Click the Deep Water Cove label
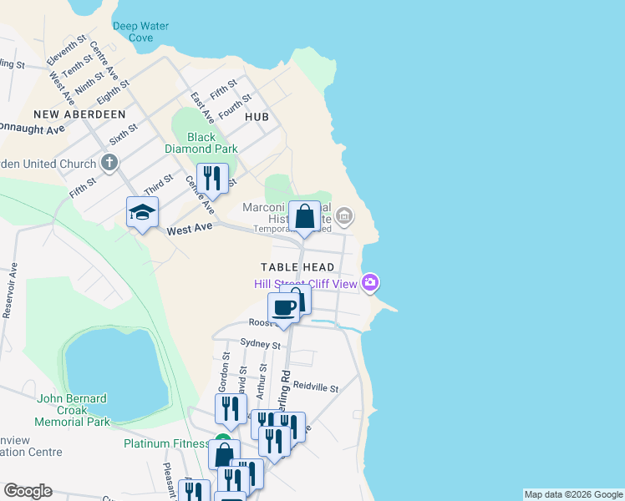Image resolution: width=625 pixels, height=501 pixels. click(140, 32)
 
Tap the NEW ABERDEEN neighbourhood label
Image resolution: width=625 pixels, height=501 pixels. click(79, 114)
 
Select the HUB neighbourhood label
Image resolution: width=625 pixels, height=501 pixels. click(257, 117)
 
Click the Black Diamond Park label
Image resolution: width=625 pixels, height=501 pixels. click(201, 143)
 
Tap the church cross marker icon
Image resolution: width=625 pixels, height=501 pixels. click(109, 162)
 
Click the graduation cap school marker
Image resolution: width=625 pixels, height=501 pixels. click(142, 213)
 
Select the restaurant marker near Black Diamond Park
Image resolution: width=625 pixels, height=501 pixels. click(212, 179)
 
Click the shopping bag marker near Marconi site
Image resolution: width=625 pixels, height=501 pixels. click(305, 216)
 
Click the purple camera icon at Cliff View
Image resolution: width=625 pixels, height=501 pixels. click(371, 284)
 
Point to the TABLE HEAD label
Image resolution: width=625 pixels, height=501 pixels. click(297, 267)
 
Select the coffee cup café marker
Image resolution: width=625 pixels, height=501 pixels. click(284, 308)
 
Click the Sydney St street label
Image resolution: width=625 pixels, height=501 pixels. click(260, 343)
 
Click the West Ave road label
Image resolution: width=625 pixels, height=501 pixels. click(191, 230)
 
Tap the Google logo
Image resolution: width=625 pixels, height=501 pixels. click(28, 491)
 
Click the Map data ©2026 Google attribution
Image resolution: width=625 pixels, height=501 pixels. click(573, 494)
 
